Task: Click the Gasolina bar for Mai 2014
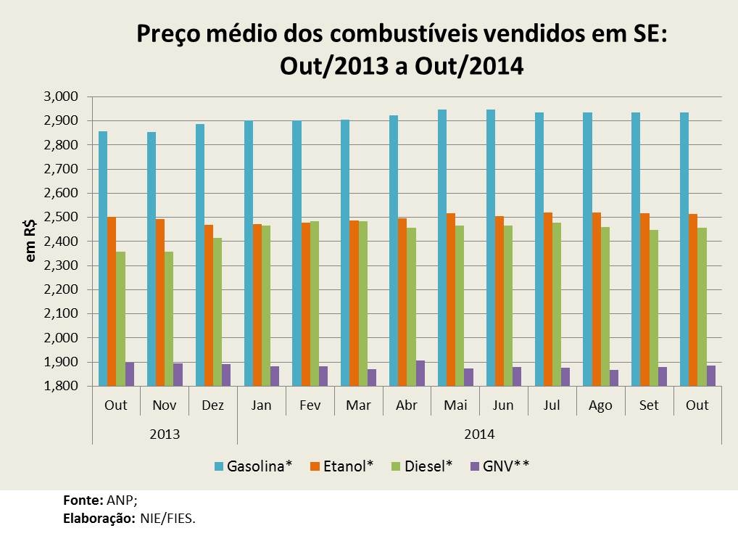pyautogui.click(x=442, y=247)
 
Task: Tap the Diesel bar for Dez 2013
pyautogui.click(x=217, y=312)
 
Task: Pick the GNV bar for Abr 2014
pyautogui.click(x=420, y=373)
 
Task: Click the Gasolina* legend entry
pyautogui.click(x=253, y=465)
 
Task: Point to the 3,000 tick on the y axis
pyautogui.click(x=62, y=96)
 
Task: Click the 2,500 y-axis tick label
pyautogui.click(x=62, y=217)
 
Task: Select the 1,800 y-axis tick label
pyautogui.click(x=62, y=386)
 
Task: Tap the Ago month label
pyautogui.click(x=600, y=405)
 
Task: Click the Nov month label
pyautogui.click(x=164, y=405)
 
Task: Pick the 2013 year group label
pyautogui.click(x=164, y=434)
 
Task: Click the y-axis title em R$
pyautogui.click(x=30, y=242)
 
